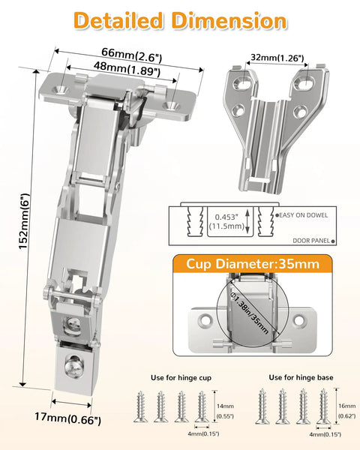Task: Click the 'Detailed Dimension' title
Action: pos(180,21)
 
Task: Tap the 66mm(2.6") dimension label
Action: pos(132,55)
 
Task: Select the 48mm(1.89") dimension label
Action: pos(127,69)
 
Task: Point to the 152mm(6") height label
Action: pos(24,221)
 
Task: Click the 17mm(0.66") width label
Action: pos(67,418)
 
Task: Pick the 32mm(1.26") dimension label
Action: pos(277,58)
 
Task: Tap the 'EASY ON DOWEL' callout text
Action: pos(303,215)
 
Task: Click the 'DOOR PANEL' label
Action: pos(311,241)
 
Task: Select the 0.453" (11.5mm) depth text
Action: pos(226,221)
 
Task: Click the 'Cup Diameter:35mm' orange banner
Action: pos(253,264)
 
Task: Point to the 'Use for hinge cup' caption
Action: pos(181,378)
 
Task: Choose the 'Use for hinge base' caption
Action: pos(301,377)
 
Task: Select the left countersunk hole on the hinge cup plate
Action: pos(61,89)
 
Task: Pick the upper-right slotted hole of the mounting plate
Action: pos(305,82)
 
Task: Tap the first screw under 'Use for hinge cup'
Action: pos(140,406)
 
